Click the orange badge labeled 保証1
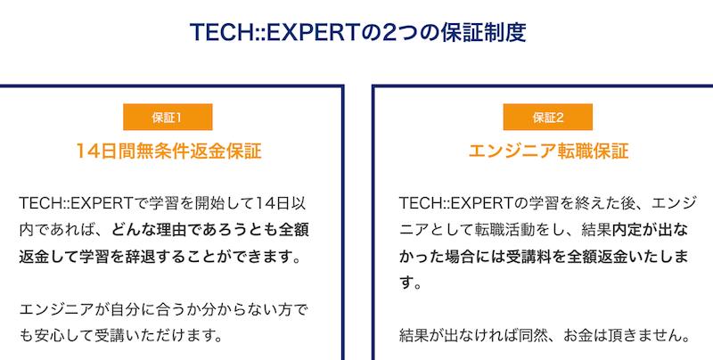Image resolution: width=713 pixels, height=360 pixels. (168, 117)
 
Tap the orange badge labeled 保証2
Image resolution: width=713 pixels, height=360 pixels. (547, 117)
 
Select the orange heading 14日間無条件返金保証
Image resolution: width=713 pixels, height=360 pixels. (168, 151)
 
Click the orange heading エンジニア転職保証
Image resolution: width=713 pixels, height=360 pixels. (548, 151)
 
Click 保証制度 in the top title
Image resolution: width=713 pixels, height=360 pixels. (482, 33)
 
